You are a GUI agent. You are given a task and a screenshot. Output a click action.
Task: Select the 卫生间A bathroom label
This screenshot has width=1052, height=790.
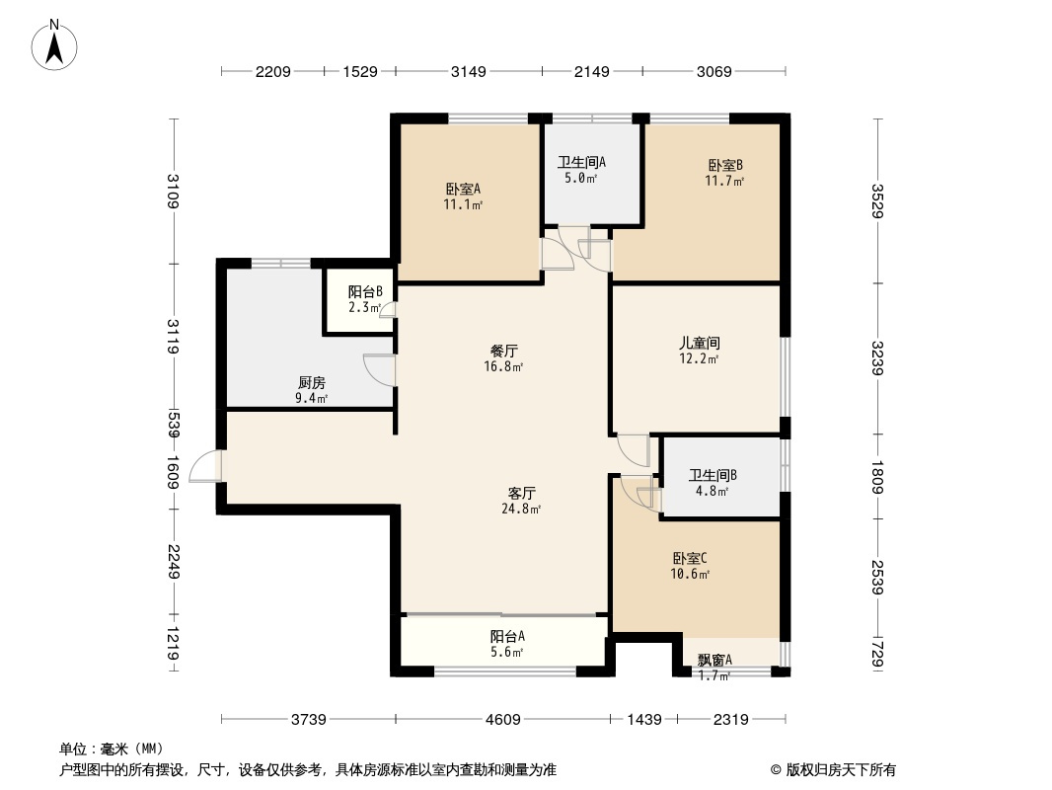tap(581, 163)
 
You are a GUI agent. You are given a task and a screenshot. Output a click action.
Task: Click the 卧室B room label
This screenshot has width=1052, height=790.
tap(724, 165)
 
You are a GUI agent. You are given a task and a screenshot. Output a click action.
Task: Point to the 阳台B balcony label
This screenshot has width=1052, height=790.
tap(364, 292)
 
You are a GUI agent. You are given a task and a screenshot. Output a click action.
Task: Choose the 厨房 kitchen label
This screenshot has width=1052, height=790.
tap(311, 383)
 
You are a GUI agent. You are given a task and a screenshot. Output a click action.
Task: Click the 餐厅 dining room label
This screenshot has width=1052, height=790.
tap(504, 351)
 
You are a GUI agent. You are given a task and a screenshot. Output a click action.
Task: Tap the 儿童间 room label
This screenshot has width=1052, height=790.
tap(699, 344)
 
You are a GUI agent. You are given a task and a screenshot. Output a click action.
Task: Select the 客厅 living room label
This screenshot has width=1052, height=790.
tap(521, 493)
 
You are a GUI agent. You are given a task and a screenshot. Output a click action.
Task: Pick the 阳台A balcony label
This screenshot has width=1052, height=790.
tap(507, 637)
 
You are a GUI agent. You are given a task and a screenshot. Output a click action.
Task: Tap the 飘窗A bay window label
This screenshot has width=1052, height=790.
tap(714, 661)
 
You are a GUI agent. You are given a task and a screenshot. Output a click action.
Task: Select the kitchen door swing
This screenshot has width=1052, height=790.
tap(379, 369)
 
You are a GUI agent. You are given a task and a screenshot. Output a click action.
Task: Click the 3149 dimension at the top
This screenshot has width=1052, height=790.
tap(469, 71)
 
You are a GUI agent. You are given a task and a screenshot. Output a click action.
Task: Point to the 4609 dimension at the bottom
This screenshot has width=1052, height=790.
tap(502, 720)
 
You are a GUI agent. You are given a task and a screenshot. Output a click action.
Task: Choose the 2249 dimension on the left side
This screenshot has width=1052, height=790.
tap(174, 561)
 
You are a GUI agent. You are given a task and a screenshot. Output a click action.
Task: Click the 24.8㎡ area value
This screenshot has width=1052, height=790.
tap(521, 510)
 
